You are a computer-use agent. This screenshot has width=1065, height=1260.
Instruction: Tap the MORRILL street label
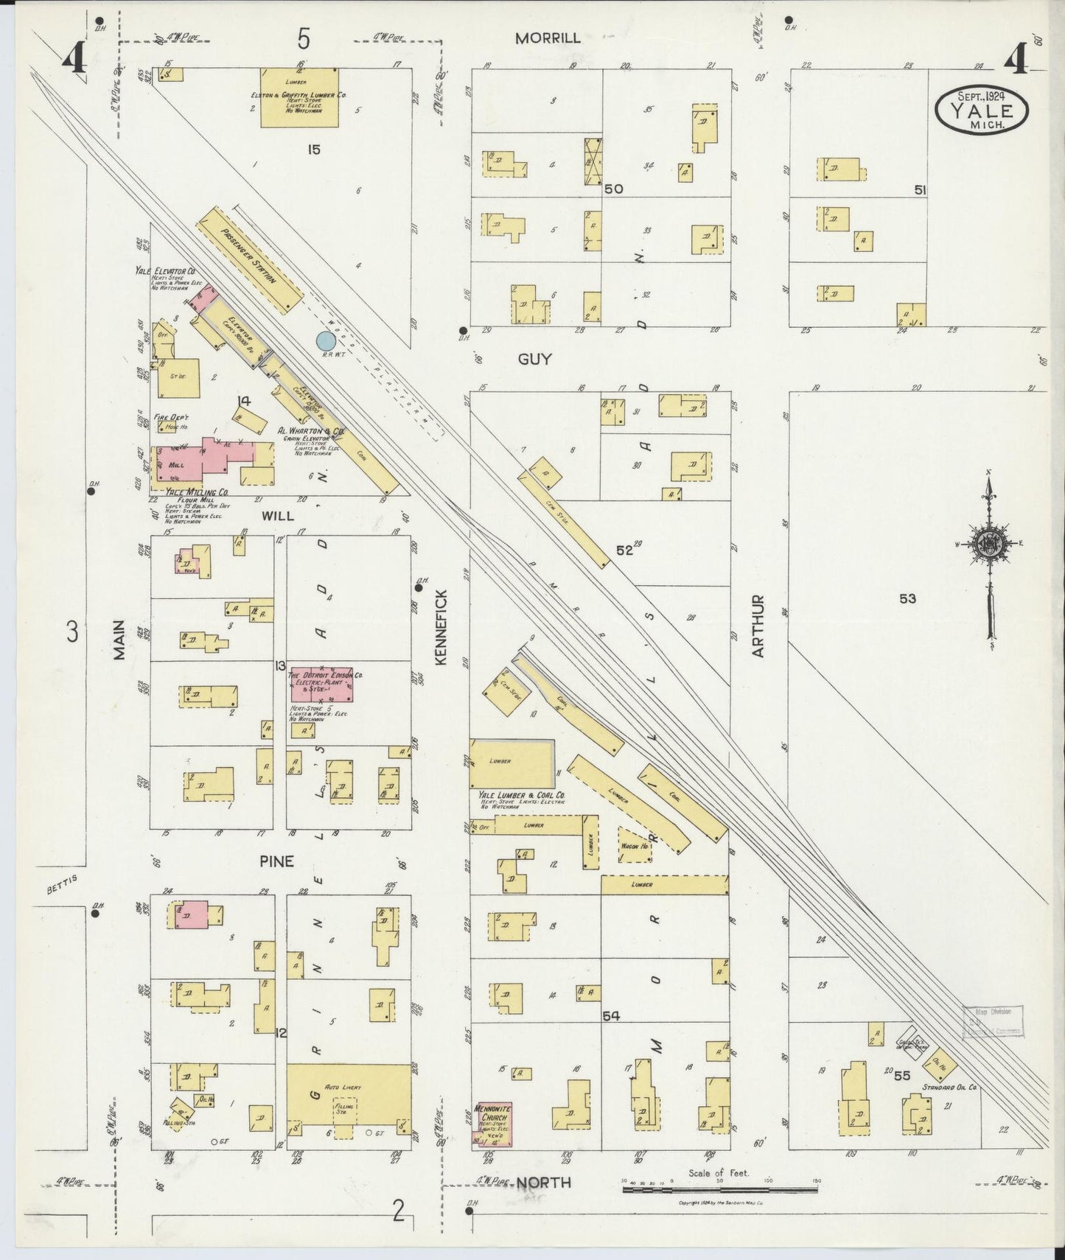coord(547,38)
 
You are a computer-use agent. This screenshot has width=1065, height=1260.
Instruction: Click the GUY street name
coord(534,359)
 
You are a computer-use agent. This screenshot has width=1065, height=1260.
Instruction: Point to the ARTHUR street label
coord(759,626)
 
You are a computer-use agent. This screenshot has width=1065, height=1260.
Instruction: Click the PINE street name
coord(276,861)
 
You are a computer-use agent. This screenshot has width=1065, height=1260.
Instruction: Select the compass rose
coord(988,544)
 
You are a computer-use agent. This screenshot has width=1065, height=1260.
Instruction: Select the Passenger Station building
coord(251,258)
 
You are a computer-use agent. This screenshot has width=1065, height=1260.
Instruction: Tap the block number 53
coord(907,599)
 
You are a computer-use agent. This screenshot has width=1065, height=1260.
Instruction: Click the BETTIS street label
coord(61,888)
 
